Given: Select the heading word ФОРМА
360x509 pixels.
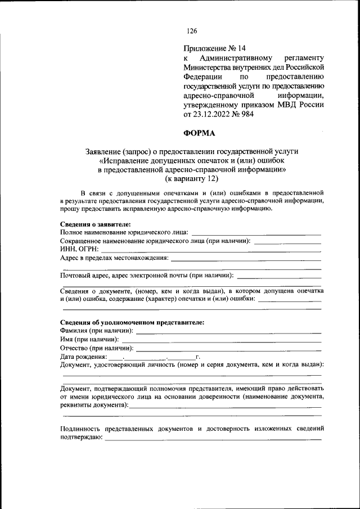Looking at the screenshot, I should tap(199, 133).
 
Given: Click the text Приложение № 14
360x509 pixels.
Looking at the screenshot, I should tap(215, 48).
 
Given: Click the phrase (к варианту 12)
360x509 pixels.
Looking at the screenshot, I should tap(191, 179).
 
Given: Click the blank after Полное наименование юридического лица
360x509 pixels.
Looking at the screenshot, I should tap(256, 232).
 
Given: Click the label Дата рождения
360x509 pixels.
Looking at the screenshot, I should tap(83, 357).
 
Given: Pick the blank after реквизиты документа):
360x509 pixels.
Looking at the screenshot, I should tap(225, 406).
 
